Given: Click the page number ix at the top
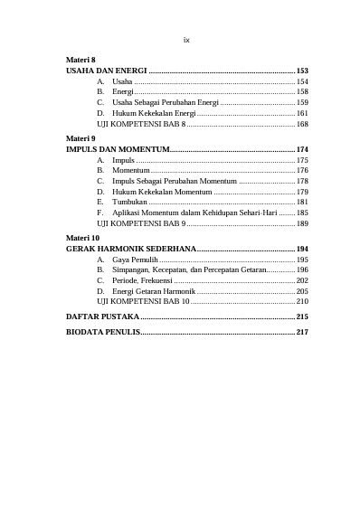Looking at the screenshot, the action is (186, 40).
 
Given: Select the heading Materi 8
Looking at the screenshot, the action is (81, 60).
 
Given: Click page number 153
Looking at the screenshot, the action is (302, 71).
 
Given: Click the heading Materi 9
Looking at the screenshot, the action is (81, 138).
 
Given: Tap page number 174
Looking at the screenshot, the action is (302, 148).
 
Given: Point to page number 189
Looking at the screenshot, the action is (302, 223).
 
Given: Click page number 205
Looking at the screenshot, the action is (302, 291).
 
